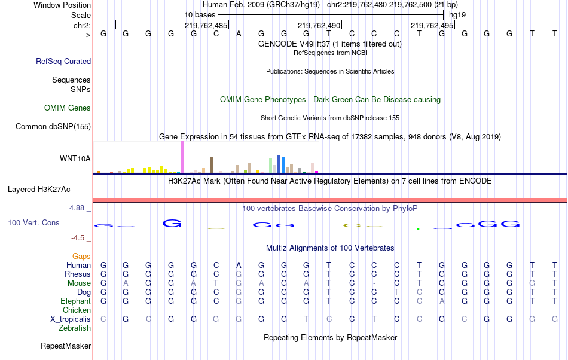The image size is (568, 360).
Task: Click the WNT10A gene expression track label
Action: pyautogui.click(x=75, y=158)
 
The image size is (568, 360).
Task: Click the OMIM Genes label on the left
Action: pyautogui.click(x=68, y=108)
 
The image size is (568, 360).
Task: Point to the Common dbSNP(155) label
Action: pyautogui.click(x=53, y=126)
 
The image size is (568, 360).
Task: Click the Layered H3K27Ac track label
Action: pyautogui.click(x=39, y=190)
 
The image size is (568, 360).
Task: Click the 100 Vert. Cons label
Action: pyautogui.click(x=33, y=222)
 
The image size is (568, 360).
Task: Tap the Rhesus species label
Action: pyautogui.click(x=78, y=274)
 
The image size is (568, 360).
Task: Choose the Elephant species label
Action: pyautogui.click(x=75, y=301)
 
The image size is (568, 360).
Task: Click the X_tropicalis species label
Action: pyautogui.click(x=71, y=319)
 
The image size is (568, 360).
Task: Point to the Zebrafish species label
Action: pyautogui.click(x=75, y=328)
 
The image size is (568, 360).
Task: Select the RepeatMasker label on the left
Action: pyautogui.click(x=66, y=346)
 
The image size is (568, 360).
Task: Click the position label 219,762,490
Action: pyautogui.click(x=319, y=25)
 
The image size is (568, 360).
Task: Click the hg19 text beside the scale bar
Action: pyautogui.click(x=457, y=14)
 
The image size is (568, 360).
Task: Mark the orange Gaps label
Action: pyautogui.click(x=81, y=256)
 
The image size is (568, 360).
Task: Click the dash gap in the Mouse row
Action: pyautogui.click(x=374, y=283)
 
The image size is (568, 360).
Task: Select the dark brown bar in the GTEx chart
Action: pyautogui.click(x=212, y=165)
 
